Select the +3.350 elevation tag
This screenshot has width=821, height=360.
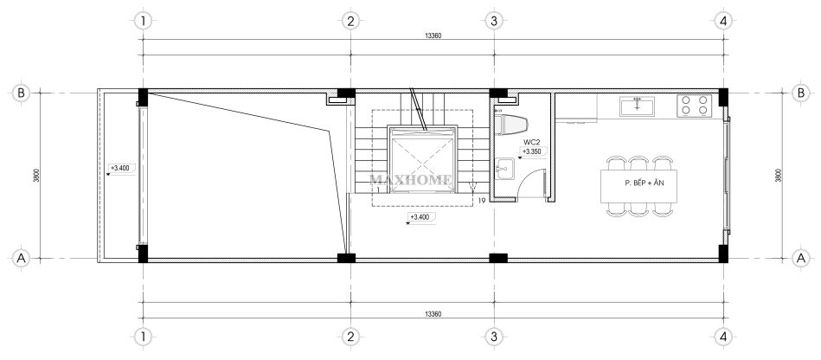pos(533,152)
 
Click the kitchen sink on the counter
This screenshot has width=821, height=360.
pos(638,106)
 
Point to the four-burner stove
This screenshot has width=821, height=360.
pos(694,106)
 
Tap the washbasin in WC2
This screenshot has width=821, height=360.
pos(504,170)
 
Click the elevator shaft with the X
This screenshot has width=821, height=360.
pos(422,159)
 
